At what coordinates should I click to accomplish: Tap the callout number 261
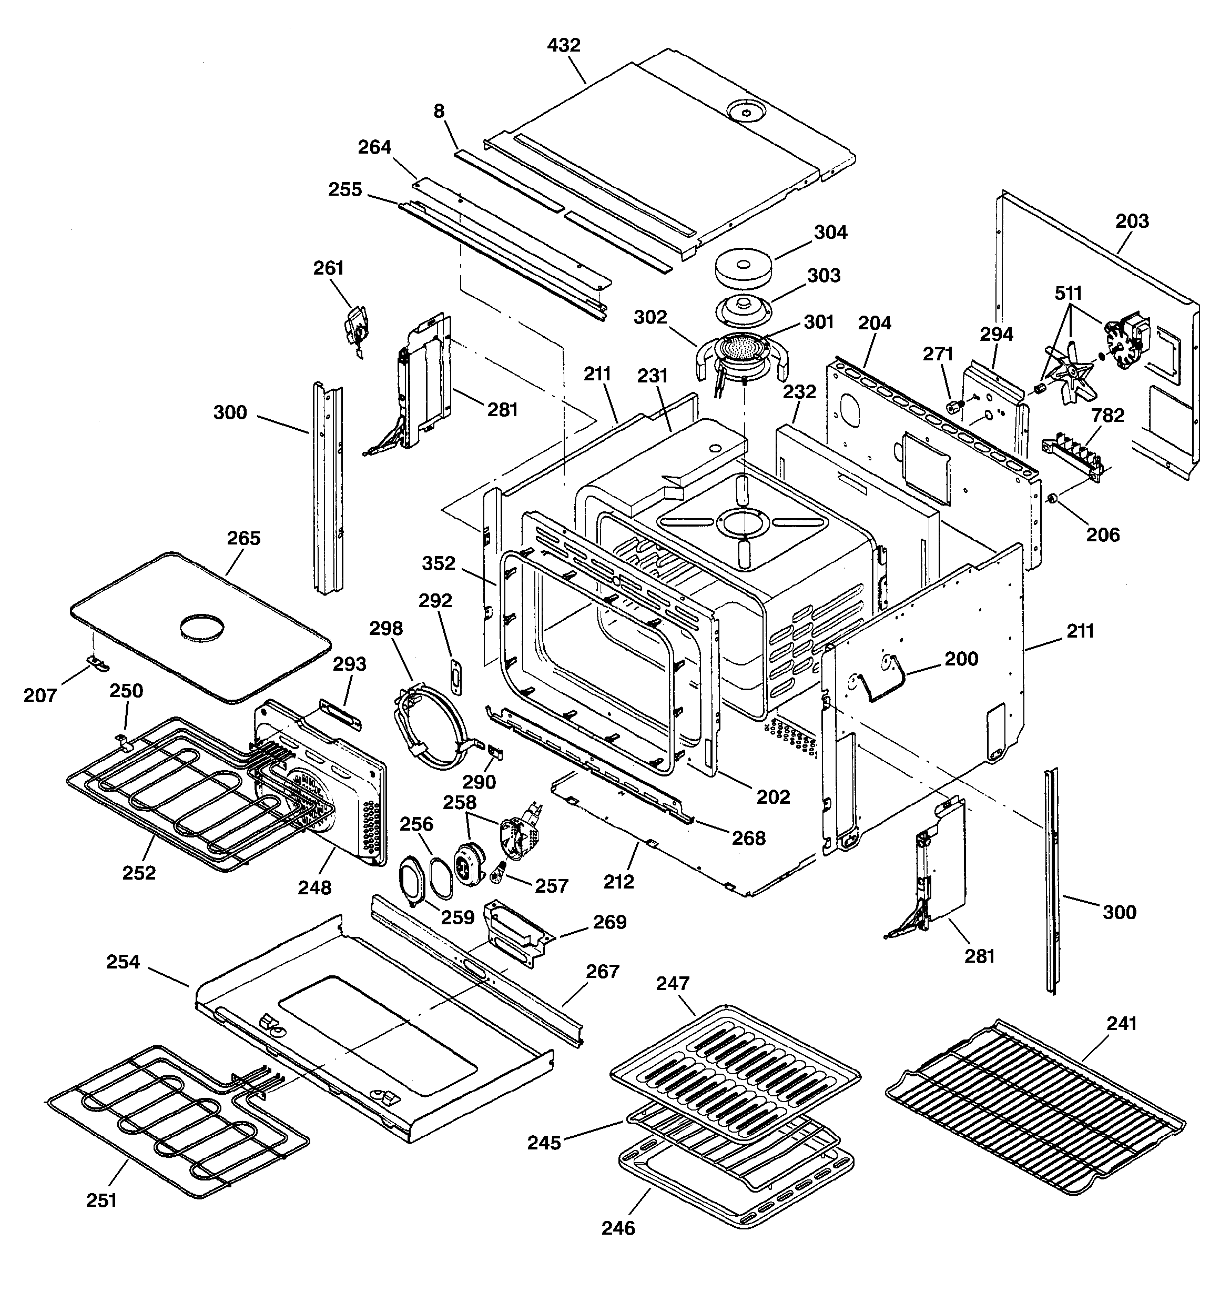click(328, 268)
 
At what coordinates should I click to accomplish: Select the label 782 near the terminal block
click(1107, 415)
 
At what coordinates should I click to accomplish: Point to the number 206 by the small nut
click(1103, 535)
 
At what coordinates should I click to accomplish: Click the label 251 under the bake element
click(101, 1200)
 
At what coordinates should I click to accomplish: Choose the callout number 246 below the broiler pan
click(618, 1227)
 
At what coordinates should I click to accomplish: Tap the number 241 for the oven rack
click(1121, 1023)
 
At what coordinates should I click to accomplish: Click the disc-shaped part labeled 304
click(744, 268)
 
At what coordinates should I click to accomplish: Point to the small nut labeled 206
click(1053, 500)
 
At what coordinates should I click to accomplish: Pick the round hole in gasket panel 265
click(201, 625)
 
